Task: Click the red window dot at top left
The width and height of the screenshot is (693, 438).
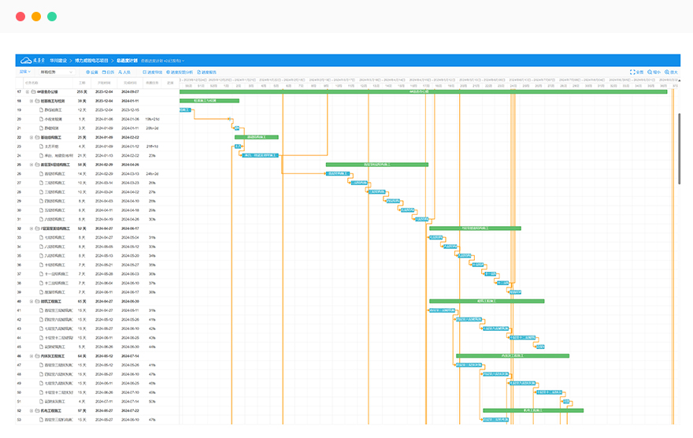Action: [x=20, y=16]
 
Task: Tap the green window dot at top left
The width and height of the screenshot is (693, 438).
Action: [x=51, y=16]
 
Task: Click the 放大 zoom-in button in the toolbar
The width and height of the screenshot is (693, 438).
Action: [x=671, y=72]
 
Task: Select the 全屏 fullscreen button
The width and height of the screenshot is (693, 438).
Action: [x=637, y=72]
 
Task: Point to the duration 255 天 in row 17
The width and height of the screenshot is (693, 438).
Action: [x=81, y=91]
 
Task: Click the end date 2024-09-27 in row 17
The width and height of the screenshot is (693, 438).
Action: [x=130, y=91]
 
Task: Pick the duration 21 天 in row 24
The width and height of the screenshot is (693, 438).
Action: [x=81, y=155]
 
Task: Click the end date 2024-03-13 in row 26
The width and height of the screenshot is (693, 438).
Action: [x=130, y=173]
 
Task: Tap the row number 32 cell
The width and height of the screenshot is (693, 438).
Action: [x=19, y=228]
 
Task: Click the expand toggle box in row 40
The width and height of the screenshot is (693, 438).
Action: [x=32, y=301]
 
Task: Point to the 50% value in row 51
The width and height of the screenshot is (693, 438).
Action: [x=152, y=401]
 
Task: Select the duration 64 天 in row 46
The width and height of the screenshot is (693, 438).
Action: [x=81, y=355]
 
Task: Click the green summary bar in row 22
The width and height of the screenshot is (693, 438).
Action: [x=256, y=137]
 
